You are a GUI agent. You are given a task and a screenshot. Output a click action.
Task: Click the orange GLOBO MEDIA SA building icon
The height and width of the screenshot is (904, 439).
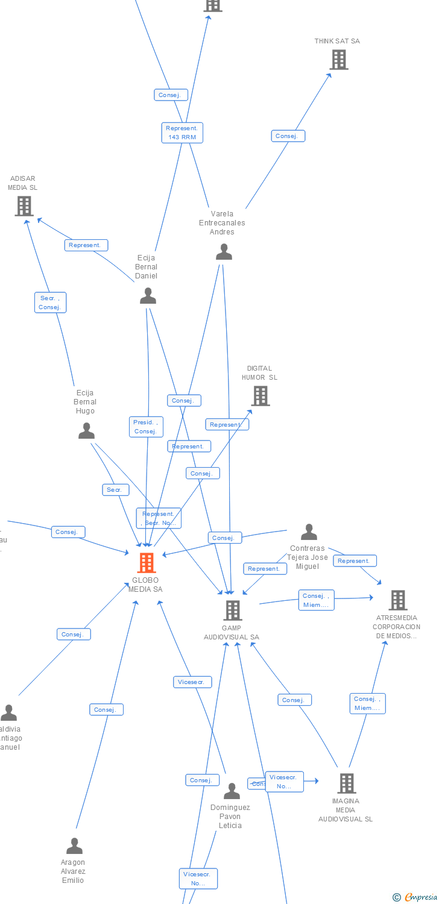click(147, 562)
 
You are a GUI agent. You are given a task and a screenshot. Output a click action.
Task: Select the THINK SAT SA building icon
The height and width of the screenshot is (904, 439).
click(339, 60)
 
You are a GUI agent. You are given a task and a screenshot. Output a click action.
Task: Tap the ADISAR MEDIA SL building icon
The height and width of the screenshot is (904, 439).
click(24, 206)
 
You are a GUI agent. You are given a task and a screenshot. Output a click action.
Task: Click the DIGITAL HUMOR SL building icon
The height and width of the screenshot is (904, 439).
click(260, 396)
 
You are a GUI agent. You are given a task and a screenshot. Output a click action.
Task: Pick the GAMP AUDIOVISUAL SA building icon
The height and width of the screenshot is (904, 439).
click(233, 611)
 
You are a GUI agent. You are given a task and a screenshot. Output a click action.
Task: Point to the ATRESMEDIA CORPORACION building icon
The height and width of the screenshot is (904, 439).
click(397, 600)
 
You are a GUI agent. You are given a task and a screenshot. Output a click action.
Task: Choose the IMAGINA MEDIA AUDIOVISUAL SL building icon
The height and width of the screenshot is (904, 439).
click(346, 783)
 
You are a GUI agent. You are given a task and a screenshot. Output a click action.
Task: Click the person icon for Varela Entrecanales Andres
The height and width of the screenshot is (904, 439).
click(224, 252)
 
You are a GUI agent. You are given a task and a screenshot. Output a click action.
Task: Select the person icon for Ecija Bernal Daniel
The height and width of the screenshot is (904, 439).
click(148, 296)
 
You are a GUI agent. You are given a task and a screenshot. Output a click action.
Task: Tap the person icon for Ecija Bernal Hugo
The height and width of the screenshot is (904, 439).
click(87, 431)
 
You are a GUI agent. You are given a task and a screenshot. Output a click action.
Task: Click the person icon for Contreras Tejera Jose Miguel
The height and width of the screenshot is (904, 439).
click(309, 532)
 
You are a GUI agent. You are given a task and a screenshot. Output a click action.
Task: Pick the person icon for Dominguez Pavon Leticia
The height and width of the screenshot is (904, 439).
click(232, 791)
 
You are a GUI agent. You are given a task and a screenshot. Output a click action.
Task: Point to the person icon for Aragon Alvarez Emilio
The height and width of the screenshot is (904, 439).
click(74, 846)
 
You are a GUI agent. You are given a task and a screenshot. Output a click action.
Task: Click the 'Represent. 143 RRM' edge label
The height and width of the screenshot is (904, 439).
click(182, 133)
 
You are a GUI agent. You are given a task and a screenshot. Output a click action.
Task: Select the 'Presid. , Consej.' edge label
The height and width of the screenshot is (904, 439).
click(145, 427)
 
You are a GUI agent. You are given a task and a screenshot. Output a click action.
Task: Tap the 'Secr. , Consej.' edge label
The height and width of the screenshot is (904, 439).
click(50, 303)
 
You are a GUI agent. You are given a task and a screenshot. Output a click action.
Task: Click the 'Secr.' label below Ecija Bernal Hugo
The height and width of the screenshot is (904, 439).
click(115, 490)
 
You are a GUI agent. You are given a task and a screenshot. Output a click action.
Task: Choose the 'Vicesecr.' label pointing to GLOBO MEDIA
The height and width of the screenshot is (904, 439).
click(193, 682)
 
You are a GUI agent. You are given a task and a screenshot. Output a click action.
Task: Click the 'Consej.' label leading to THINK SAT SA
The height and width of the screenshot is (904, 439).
click(288, 136)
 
